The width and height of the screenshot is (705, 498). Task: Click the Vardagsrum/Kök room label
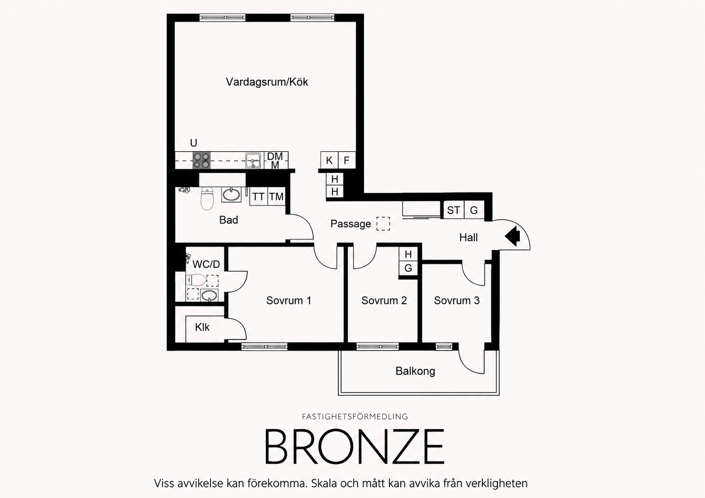coord(267,82)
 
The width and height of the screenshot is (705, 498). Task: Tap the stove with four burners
coord(201,161)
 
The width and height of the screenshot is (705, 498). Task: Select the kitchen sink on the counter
coord(253,161)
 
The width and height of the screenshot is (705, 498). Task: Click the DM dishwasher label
coord(275,156)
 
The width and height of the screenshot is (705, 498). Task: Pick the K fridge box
coord(329,161)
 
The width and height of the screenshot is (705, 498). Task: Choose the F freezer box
coord(347,161)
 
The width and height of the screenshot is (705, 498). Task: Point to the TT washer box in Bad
coord(258,197)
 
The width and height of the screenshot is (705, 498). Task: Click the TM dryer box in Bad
coord(276,197)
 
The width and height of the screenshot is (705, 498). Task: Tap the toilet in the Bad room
coord(207,198)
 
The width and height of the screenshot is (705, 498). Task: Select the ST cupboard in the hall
coord(454,210)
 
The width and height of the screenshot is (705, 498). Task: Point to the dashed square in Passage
coord(383,223)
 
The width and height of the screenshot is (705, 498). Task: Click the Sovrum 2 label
coord(384,301)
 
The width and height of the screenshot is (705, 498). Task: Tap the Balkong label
coord(415,371)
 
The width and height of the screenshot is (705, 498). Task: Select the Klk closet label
coord(202,327)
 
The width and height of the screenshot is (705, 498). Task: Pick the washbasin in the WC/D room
coord(209,295)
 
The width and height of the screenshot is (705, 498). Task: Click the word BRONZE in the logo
coord(355,446)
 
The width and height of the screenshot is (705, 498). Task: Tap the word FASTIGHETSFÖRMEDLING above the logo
coord(355,416)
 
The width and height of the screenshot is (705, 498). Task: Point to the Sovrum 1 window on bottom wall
coord(265,346)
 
